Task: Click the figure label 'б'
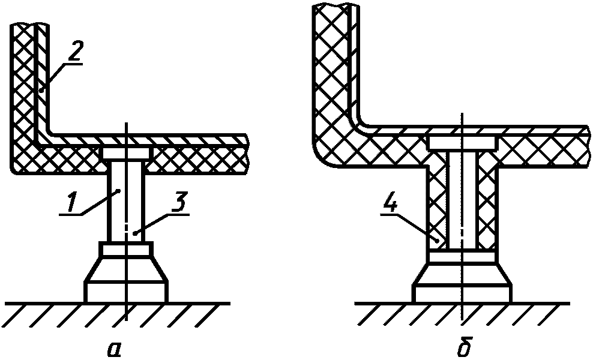tap(462, 347)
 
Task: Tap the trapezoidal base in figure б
tap(462, 273)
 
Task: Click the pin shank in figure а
tap(125, 198)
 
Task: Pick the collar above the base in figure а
tap(126, 249)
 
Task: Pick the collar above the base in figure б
tap(462, 257)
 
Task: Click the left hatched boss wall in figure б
tap(438, 204)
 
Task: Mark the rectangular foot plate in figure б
tap(462, 293)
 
